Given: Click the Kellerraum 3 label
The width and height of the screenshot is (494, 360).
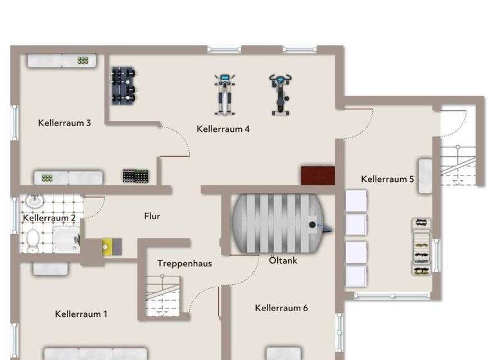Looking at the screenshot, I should pos(64,123).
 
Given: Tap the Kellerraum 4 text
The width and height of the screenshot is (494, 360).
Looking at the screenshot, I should pos(223,129).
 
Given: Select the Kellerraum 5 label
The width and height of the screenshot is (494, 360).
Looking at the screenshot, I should pos(388,179).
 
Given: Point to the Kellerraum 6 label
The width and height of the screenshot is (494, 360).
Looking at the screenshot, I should pos(281,308).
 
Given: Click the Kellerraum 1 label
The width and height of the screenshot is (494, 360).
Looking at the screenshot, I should pos(81,314).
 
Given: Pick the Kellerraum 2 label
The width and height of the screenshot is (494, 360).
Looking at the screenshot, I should pos(50,218).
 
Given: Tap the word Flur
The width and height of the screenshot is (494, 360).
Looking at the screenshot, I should pos(152,217).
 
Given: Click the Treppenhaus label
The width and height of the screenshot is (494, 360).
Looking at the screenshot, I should pos(185,264).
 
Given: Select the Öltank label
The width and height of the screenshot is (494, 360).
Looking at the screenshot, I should pos(283,260).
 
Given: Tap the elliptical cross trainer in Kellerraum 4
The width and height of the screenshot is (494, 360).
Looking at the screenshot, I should pos(224,94).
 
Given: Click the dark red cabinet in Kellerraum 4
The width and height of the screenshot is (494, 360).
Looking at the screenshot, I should pos(318,175).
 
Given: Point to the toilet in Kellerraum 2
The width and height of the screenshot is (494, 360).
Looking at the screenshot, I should pos(32,240).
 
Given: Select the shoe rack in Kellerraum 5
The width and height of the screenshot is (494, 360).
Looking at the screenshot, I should pos(421,248).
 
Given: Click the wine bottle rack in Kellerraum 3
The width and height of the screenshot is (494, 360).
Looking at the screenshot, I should pos(136,175).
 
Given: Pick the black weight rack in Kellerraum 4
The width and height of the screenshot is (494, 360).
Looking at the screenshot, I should pos(125,85).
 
